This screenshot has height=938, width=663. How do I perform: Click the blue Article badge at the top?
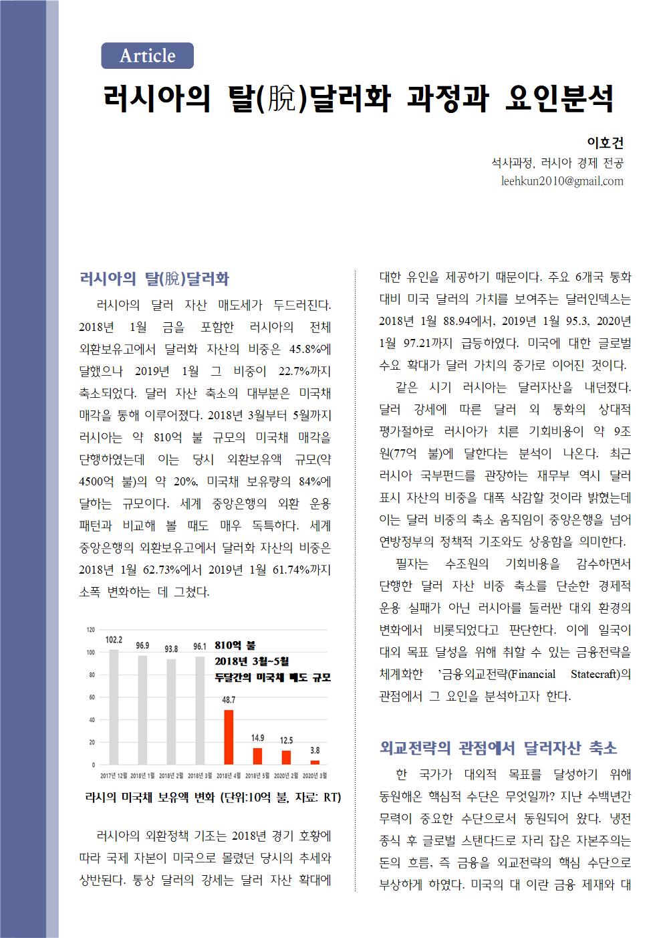147,55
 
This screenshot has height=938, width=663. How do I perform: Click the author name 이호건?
604,142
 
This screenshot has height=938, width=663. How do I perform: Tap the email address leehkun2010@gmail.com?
561,181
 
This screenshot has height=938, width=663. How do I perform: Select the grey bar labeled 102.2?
114,706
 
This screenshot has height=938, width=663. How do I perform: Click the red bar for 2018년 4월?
229,736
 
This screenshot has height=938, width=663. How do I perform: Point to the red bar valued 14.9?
257,755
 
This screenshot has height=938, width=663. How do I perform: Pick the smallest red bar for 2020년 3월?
315,761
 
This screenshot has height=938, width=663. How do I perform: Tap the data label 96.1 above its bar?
200,647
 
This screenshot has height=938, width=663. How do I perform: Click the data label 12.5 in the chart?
286,740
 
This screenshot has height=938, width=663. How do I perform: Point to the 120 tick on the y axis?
90,630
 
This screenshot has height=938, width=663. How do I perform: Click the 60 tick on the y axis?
92,697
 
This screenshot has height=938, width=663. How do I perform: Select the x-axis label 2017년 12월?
114,776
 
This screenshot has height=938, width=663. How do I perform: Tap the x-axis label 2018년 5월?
257,776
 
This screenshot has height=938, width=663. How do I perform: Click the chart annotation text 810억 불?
235,646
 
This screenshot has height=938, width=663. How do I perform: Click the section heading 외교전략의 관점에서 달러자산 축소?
498,747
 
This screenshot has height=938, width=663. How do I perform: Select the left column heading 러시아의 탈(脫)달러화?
154,278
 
